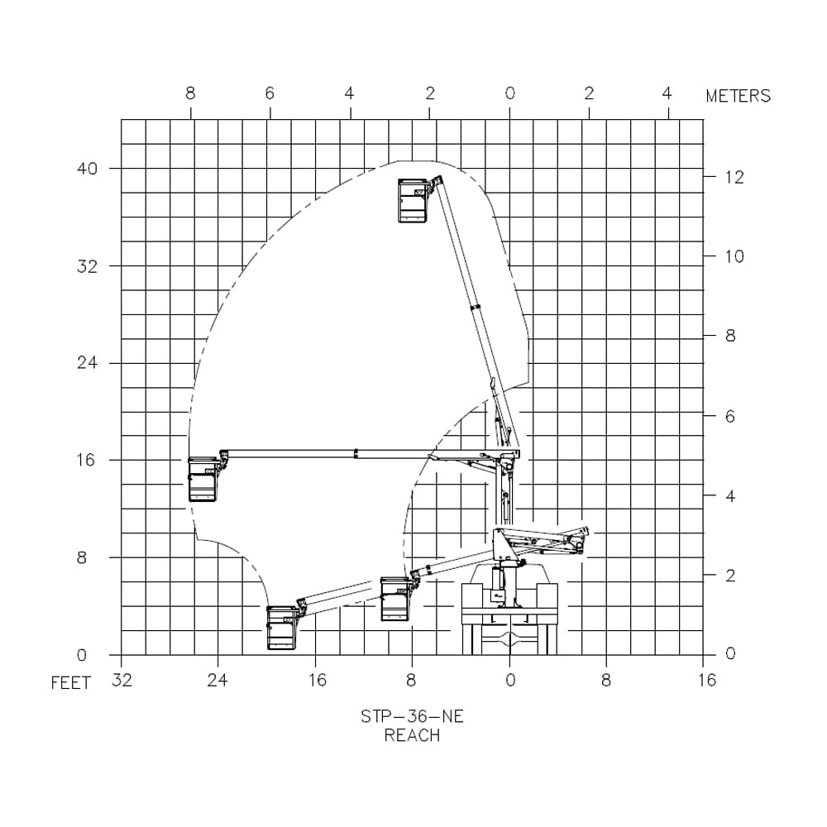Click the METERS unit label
pyautogui.click(x=738, y=96)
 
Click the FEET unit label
pyautogui.click(x=71, y=684)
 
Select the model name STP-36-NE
pyautogui.click(x=412, y=717)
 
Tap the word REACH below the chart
pyautogui.click(x=412, y=735)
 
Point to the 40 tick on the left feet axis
pyautogui.click(x=88, y=168)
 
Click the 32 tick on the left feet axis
pyautogui.click(x=88, y=266)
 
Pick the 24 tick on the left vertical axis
pyautogui.click(x=88, y=363)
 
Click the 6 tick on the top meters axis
pyautogui.click(x=270, y=93)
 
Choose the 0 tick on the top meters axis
pyautogui.click(x=509, y=93)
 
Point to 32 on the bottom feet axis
pyautogui.click(x=121, y=681)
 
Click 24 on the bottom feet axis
pyautogui.click(x=218, y=681)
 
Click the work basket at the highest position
pyautogui.click(x=413, y=200)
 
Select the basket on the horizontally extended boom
pyautogui.click(x=203, y=480)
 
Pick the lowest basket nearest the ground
pyautogui.click(x=281, y=628)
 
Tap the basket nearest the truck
pyautogui.click(x=395, y=599)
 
